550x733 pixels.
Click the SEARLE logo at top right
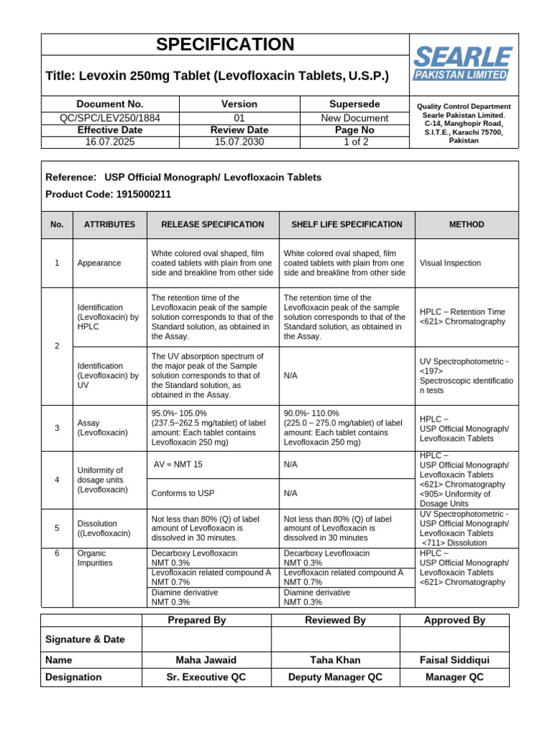coord(462,64)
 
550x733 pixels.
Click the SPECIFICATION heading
coord(225,44)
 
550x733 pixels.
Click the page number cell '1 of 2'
coord(354,142)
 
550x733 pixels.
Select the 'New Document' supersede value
coord(354,118)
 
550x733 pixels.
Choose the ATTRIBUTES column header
coord(110,225)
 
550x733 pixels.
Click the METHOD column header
coord(466,225)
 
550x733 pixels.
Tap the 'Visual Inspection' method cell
coord(450,263)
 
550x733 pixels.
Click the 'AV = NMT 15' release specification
coord(178,465)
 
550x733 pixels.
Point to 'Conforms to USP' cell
coord(183,493)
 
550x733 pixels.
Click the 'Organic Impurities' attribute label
coord(95,558)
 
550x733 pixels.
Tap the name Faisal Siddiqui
coord(454,660)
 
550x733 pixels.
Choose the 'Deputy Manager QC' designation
coord(334,677)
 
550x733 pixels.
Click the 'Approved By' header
coord(454,621)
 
